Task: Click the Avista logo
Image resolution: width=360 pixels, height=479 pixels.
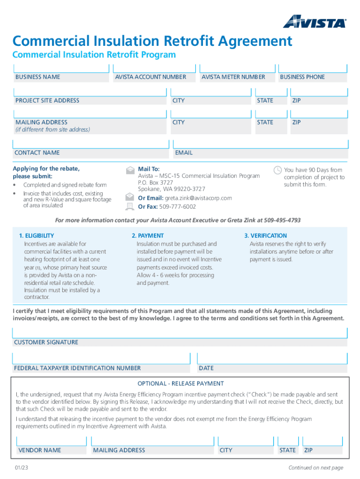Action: (315, 22)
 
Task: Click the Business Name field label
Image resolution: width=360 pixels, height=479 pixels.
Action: (38, 77)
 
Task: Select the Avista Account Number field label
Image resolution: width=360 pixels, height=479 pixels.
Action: (151, 77)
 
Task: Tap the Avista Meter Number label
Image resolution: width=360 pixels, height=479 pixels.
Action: (233, 77)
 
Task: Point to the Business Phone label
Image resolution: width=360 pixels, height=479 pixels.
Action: (302, 77)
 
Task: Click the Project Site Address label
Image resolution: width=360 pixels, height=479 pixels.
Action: (47, 101)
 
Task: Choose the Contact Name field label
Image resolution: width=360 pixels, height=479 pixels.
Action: (37, 152)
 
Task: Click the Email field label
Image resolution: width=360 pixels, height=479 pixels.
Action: (184, 152)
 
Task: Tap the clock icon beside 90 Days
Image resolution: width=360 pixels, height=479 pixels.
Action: (278, 170)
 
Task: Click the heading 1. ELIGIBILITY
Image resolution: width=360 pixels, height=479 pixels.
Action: (36, 236)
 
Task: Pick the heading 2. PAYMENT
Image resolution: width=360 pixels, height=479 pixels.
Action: (148, 236)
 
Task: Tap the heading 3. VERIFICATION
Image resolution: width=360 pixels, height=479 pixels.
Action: (266, 236)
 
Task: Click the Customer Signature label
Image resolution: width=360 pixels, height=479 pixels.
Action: (46, 342)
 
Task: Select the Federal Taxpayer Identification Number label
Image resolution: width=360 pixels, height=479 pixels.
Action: (77, 368)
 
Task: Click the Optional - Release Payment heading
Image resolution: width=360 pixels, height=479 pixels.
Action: (180, 384)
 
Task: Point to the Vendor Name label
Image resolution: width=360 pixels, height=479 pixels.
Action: (40, 450)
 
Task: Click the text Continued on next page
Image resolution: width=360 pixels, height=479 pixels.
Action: (316, 468)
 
